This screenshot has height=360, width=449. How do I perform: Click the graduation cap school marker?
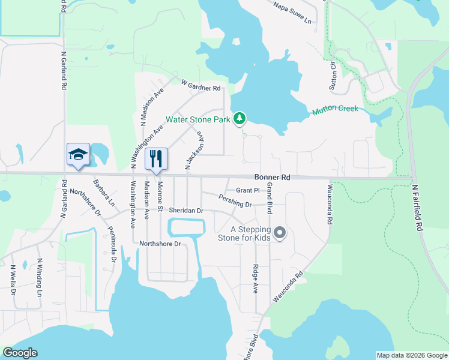pyautogui.click(x=79, y=155)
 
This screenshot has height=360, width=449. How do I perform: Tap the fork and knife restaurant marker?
pyautogui.click(x=156, y=159)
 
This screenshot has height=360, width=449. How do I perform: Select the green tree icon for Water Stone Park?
pyautogui.click(x=240, y=119)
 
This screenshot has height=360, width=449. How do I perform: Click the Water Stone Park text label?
pyautogui.click(x=198, y=119)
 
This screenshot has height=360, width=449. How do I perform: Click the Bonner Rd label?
pyautogui.click(x=272, y=178)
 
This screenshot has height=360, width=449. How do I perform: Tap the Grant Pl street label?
pyautogui.click(x=247, y=190)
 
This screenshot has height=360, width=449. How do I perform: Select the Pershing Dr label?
pyautogui.click(x=235, y=201)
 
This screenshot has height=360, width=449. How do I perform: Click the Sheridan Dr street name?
pyautogui.click(x=187, y=211)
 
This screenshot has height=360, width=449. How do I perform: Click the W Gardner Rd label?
pyautogui.click(x=201, y=88)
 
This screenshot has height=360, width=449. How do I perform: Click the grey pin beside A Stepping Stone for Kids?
pyautogui.click(x=279, y=232)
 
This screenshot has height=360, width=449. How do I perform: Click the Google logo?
pyautogui.click(x=20, y=353)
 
